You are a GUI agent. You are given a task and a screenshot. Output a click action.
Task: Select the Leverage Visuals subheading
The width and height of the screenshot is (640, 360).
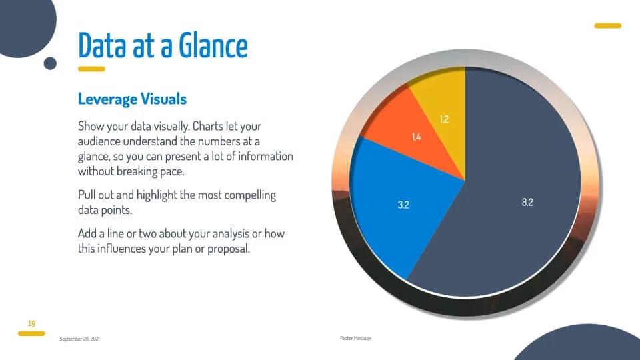click(132, 99)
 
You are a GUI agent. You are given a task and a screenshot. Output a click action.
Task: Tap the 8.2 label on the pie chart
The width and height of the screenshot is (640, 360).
click(527, 202)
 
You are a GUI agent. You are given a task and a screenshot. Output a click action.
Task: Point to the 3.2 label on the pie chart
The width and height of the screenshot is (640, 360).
click(403, 205)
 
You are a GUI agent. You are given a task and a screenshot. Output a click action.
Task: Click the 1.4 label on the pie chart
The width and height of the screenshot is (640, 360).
click(416, 137)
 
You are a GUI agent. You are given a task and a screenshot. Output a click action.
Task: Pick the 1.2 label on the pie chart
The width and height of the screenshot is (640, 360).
click(444, 119)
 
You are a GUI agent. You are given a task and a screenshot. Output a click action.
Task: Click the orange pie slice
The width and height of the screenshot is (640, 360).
click(408, 131)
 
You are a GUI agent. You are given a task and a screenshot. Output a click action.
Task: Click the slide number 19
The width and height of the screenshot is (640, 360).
click(31, 324)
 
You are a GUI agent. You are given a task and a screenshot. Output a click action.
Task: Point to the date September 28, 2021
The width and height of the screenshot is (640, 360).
click(79, 339)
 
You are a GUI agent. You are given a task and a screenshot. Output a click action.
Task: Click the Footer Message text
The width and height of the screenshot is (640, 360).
click(355, 338)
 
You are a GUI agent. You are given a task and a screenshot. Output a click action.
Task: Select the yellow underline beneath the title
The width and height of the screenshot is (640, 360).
click(91, 69)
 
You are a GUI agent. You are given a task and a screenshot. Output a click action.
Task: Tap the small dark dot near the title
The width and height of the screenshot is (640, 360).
click(50, 63)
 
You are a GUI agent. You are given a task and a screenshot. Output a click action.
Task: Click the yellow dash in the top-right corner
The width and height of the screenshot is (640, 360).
click(608, 26)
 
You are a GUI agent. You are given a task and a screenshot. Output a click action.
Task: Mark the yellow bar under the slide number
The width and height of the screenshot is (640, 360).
click(31, 333)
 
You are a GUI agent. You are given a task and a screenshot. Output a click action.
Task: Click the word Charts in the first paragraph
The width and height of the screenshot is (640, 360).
click(208, 126)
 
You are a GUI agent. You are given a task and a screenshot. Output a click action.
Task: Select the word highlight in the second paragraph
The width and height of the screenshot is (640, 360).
click(157, 195)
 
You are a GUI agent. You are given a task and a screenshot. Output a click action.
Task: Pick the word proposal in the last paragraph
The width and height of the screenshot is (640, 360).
click(229, 249)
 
